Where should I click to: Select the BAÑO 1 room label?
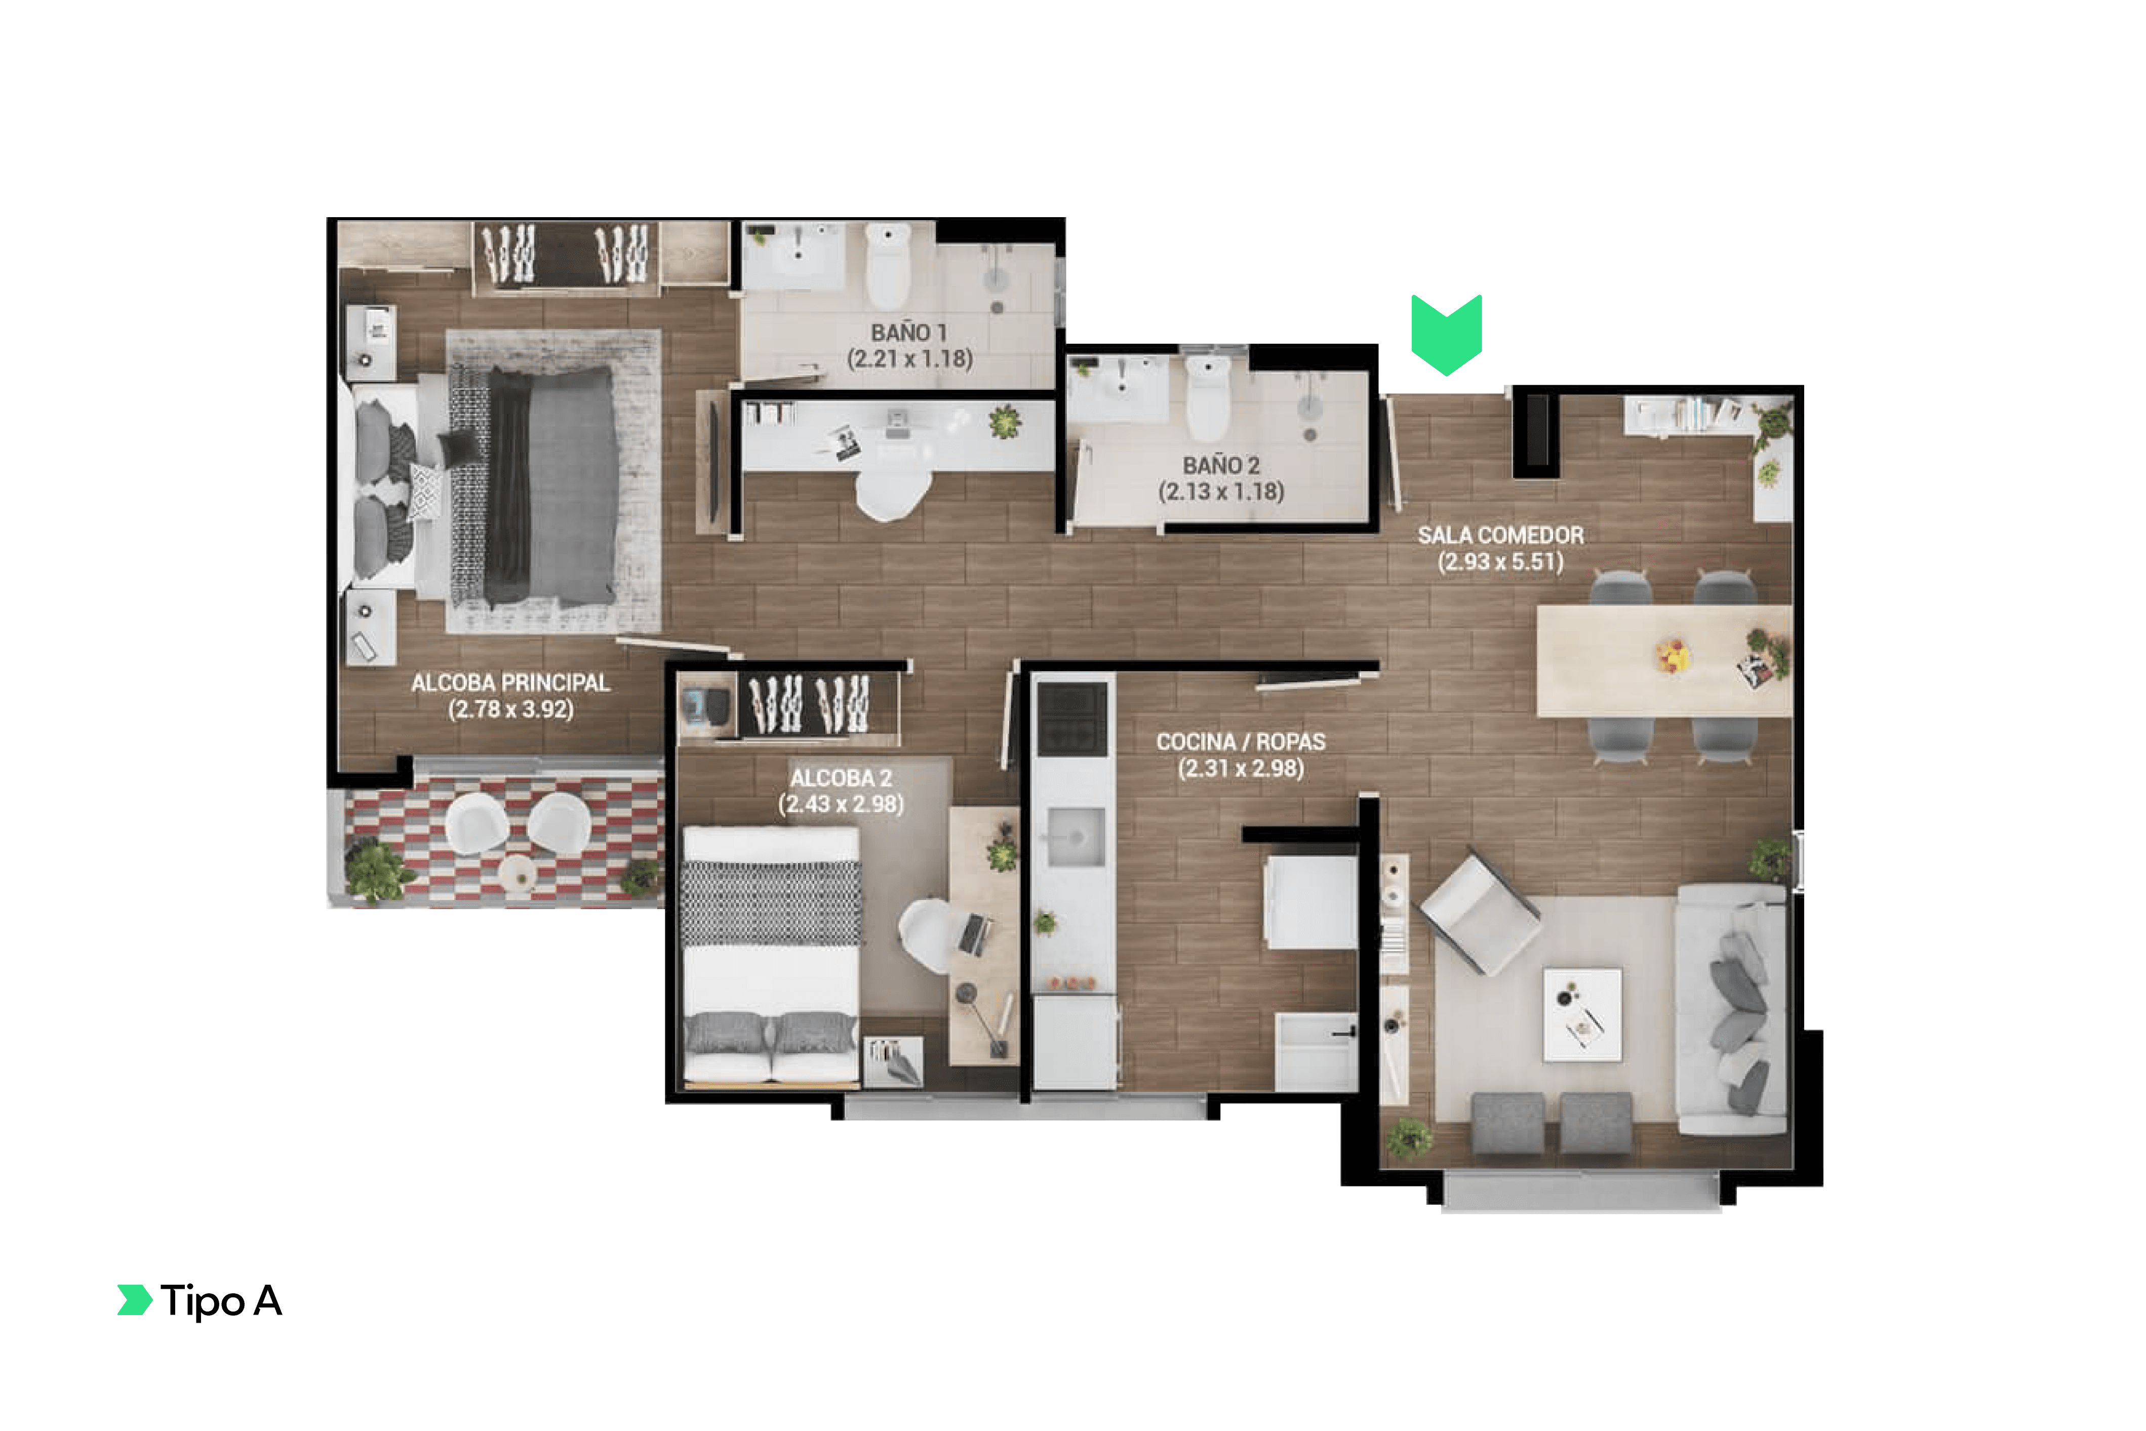click(x=908, y=333)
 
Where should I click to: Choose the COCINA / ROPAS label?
click(x=1241, y=742)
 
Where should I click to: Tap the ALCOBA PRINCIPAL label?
click(x=510, y=683)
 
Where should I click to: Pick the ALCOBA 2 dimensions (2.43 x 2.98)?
click(x=841, y=804)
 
